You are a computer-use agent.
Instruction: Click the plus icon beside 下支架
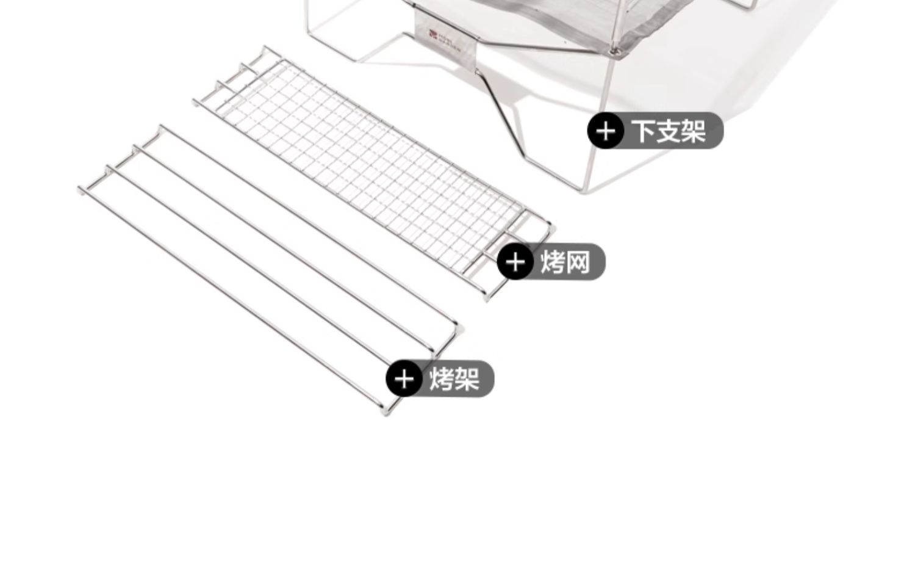(605, 131)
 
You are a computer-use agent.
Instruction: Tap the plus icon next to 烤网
(515, 262)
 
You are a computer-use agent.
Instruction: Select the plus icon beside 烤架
(404, 378)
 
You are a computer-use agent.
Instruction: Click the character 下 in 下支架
(643, 131)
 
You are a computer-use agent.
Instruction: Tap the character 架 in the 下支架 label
(694, 131)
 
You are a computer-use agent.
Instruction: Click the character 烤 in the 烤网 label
(553, 262)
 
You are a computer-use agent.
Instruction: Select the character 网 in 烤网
(578, 262)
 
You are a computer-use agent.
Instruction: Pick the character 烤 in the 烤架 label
(442, 378)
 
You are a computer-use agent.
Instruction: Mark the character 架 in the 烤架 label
(467, 378)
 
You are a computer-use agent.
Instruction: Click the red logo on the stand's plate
(432, 35)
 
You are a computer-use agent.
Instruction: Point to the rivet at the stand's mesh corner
(617, 51)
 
